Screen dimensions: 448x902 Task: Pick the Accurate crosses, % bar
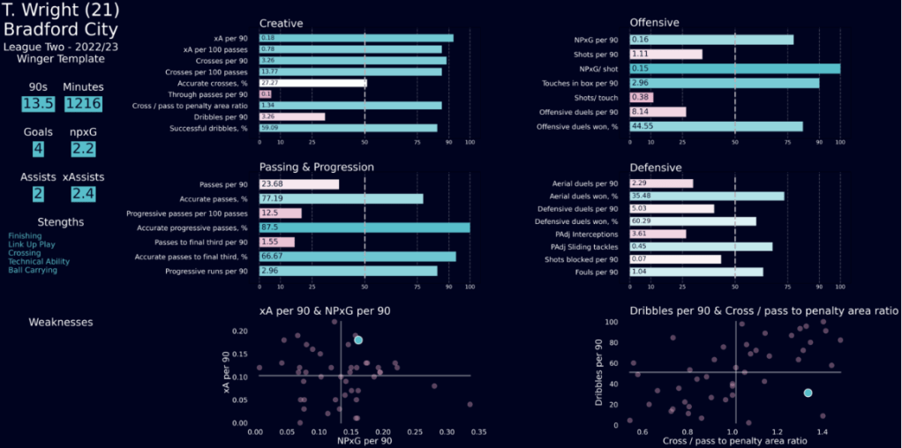tap(312, 83)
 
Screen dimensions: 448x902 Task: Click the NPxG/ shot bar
tap(734, 68)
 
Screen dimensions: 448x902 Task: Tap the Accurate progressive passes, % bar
tap(364, 228)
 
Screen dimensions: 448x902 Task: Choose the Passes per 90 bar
tap(299, 184)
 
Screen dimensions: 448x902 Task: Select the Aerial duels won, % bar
tap(706, 197)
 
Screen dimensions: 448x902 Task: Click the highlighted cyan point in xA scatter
tap(358, 340)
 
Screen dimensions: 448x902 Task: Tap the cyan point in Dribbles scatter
tap(808, 392)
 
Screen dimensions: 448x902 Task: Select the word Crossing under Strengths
tap(25, 253)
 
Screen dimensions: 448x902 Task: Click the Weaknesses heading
tap(61, 323)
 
